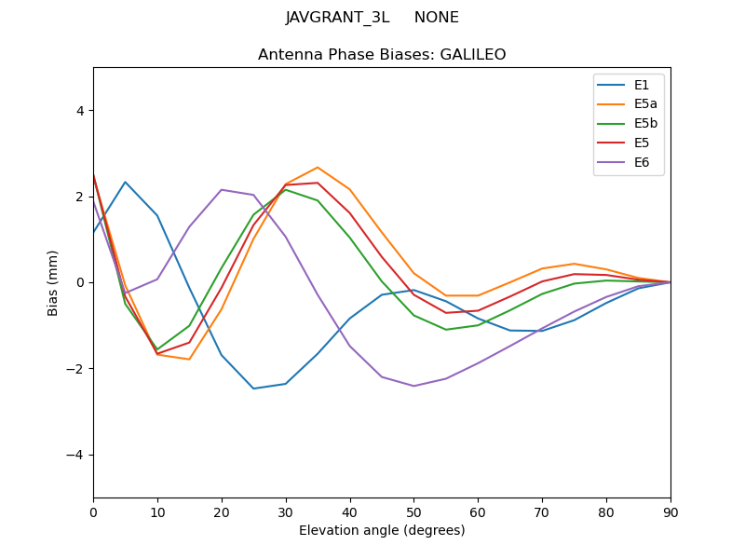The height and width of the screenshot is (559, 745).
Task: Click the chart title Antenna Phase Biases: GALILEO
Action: pos(382,55)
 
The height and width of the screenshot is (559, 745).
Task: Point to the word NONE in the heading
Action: pos(436,18)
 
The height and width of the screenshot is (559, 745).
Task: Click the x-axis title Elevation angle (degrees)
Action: pos(382,530)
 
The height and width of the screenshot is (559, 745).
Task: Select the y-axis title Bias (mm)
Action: pos(53,282)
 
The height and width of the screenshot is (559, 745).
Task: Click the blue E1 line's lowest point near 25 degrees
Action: pos(253,389)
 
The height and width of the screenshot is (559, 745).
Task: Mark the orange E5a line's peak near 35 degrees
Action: pos(318,168)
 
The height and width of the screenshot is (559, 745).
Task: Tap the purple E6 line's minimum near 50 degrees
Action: pos(413,386)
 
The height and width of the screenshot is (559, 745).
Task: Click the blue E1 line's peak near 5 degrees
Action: pos(125,182)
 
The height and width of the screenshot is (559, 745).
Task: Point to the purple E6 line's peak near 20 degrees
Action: pos(222,190)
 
